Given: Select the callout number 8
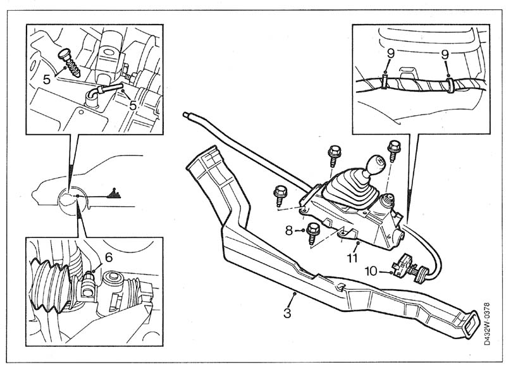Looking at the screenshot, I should coord(289,231).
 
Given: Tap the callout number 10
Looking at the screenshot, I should coord(370,271).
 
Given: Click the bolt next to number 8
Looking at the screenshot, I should coord(312,234).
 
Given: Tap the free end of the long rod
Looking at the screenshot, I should coord(187,115).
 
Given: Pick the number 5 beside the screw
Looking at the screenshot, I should coord(46,80).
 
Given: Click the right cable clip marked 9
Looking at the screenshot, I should coord(450,84).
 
